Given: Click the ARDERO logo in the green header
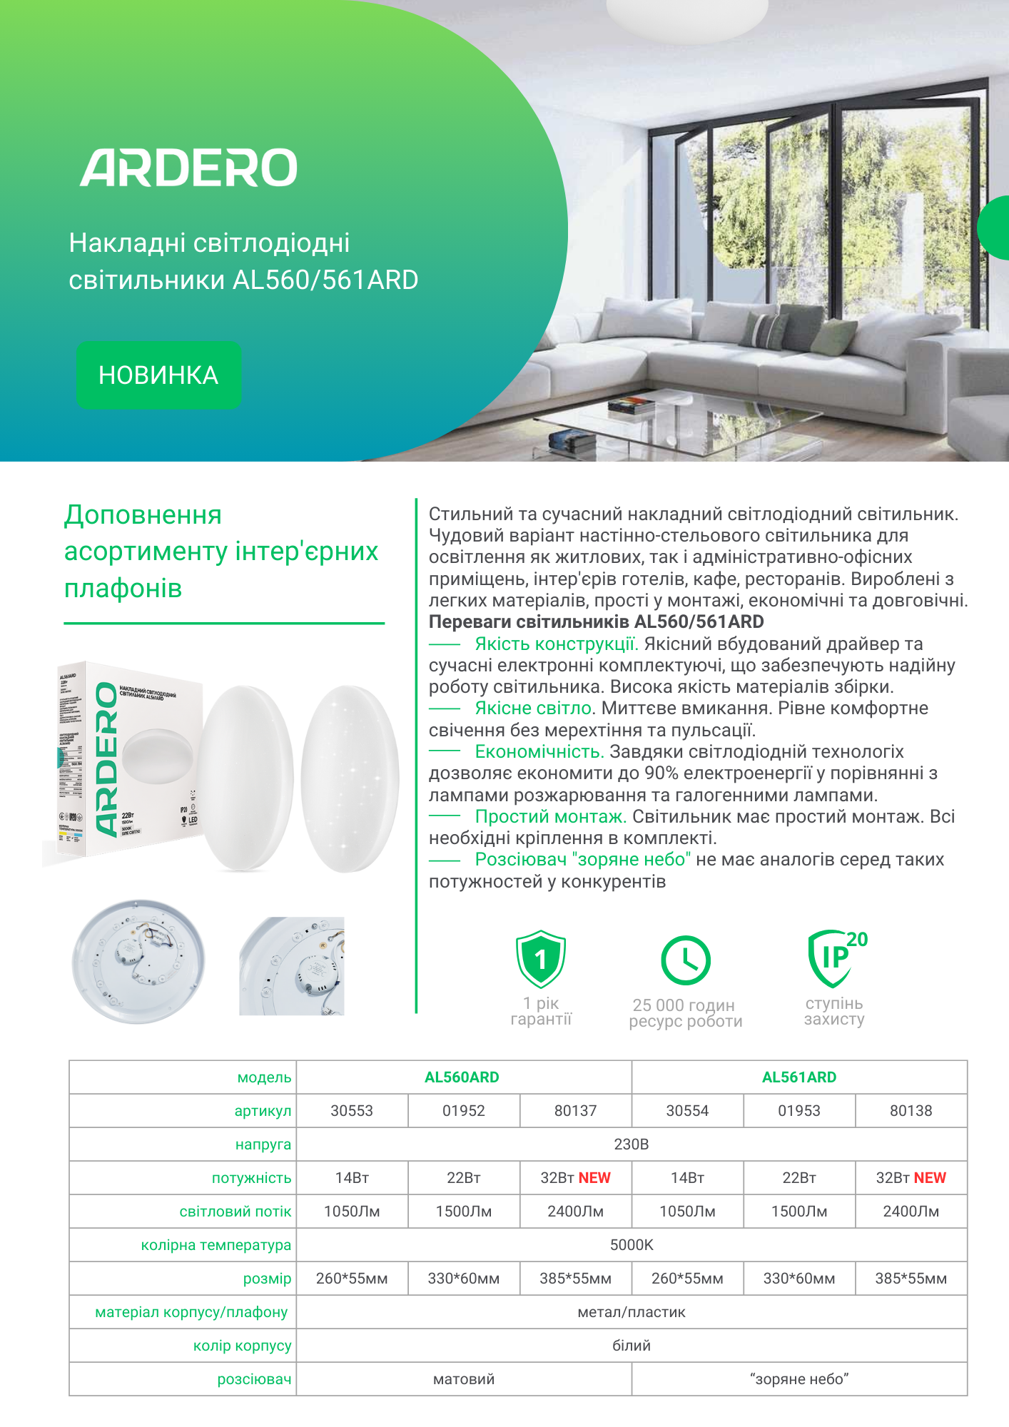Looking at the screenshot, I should (188, 168).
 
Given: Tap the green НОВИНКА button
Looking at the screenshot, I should (158, 375).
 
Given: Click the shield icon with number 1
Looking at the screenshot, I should (541, 959).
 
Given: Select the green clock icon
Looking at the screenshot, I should (685, 960).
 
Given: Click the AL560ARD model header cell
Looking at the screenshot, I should (462, 1077).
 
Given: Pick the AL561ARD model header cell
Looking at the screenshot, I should (798, 1077).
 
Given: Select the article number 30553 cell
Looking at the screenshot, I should (352, 1111).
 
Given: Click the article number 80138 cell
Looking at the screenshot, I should (911, 1111).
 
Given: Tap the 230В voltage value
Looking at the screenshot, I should (632, 1144).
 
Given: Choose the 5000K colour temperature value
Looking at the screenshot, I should (632, 1245).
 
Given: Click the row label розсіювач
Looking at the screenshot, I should (254, 1379).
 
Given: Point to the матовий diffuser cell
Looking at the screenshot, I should (464, 1379).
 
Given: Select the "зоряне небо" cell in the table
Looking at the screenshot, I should (798, 1379).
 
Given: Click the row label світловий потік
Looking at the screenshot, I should (235, 1212).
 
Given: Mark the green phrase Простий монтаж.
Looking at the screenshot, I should (550, 817).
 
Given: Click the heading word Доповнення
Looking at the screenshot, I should (143, 515).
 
